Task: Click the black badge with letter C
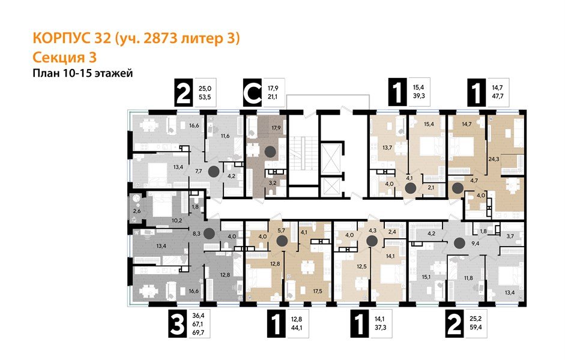[x=252, y=94]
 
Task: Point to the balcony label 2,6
[x=137, y=211]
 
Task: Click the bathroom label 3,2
[x=272, y=182]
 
